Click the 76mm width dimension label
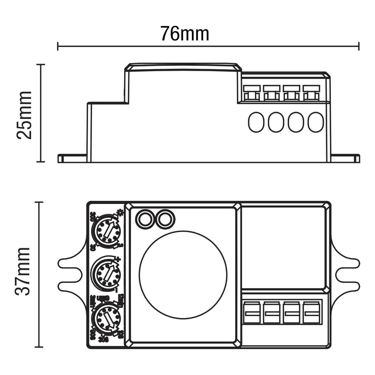pyautogui.click(x=185, y=34)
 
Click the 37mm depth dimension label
pyautogui.click(x=23, y=271)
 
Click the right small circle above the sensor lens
pyautogui.click(x=165, y=218)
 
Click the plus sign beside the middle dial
pyautogui.click(x=118, y=259)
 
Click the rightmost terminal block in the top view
pyautogui.click(x=312, y=313)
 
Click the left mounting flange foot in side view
pyautogui.click(x=72, y=158)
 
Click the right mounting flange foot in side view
pyautogui.click(x=345, y=158)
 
